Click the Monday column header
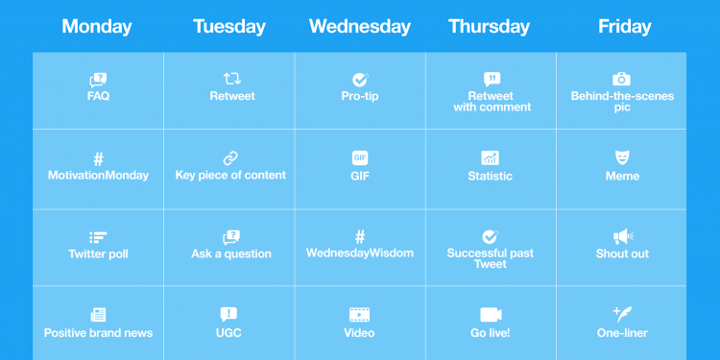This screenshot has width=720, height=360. point(97,27)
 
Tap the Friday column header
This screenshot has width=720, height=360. point(624,27)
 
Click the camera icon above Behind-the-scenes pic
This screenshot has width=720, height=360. point(622,79)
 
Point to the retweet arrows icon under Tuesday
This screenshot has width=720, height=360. point(231,79)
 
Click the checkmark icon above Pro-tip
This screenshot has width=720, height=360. point(360,80)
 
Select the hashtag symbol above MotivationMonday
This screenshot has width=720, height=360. point(98,159)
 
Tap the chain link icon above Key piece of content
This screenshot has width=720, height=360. point(230,158)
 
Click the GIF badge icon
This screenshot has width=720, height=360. point(360,158)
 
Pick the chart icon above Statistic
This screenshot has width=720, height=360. point(491,158)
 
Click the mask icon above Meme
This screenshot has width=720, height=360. point(622,158)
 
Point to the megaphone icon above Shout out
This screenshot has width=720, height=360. point(622,236)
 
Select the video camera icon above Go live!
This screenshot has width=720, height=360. point(491,315)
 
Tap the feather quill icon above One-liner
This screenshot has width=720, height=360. point(622,314)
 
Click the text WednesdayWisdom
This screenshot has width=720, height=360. point(360,253)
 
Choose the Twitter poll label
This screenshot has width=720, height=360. point(98,254)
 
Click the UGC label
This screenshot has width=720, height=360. point(229,333)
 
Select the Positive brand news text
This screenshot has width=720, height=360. point(98,333)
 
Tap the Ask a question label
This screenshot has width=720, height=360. point(231,254)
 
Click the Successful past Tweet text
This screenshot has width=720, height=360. point(491,258)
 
